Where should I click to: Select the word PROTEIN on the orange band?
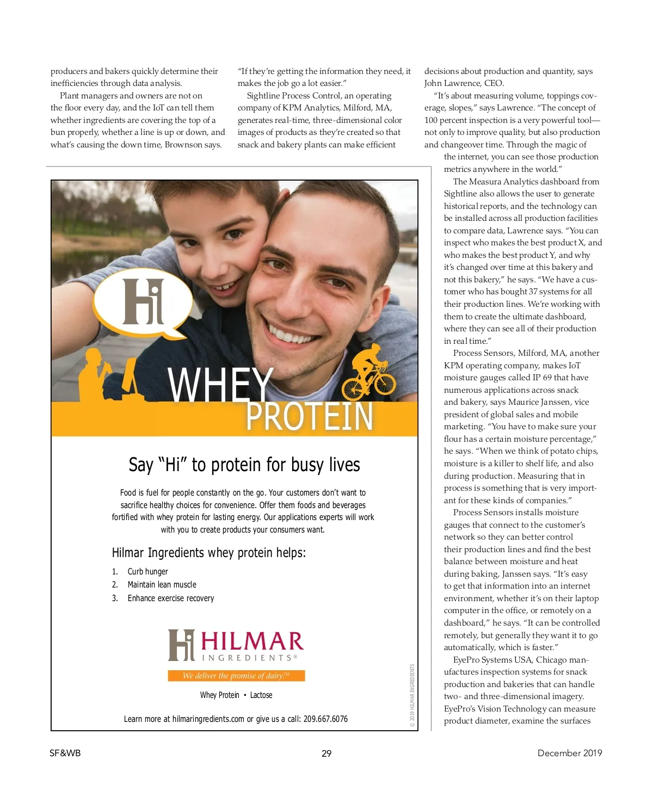[309, 417]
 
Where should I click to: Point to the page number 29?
[326, 753]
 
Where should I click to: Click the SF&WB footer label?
[65, 753]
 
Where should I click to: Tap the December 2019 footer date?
[569, 753]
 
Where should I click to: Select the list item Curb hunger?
[147, 571]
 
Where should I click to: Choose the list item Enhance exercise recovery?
[171, 598]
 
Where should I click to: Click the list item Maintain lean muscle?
[162, 584]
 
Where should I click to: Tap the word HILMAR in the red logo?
[252, 642]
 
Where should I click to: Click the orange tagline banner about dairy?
[236, 676]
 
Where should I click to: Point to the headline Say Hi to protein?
[244, 465]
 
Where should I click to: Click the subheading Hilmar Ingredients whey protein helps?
[209, 553]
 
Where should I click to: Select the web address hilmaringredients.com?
[208, 719]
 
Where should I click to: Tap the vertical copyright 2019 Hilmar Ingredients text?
[412, 695]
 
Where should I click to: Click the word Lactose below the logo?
[261, 695]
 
